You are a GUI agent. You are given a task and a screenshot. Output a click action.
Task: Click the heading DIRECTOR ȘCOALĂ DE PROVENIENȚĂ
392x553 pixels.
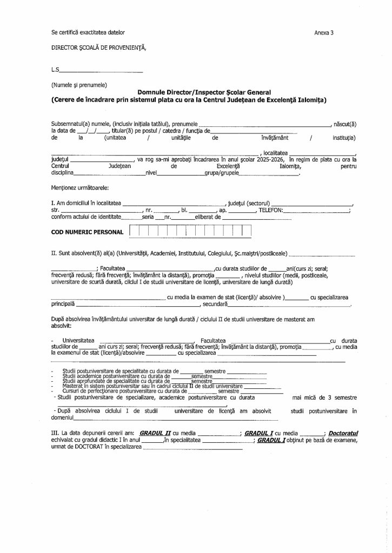98,48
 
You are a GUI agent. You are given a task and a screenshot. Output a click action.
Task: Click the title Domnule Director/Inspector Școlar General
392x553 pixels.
203,92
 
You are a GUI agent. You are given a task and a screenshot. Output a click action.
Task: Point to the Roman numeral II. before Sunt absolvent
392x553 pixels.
54,253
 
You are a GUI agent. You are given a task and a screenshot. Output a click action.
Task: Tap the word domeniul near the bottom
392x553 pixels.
62,417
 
